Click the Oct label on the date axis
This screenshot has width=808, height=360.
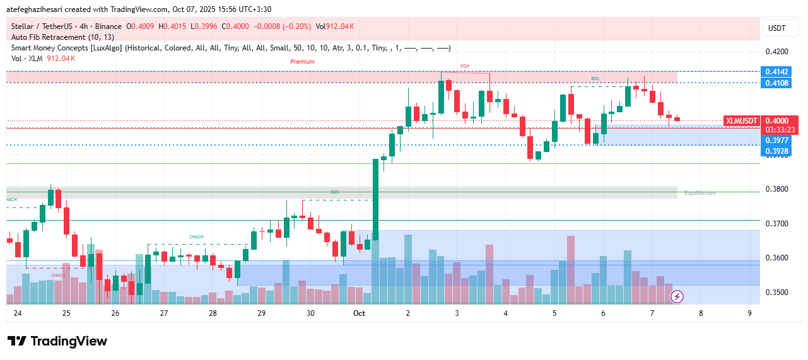click(x=359, y=313)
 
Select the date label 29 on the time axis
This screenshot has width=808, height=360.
click(x=262, y=313)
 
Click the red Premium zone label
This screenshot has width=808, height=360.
click(x=302, y=62)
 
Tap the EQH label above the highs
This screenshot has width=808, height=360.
click(x=465, y=66)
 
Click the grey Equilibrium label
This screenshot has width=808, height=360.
click(x=700, y=192)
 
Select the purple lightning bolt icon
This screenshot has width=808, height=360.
click(x=677, y=296)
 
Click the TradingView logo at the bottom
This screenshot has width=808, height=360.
click(x=57, y=341)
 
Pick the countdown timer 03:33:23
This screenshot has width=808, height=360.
click(x=780, y=129)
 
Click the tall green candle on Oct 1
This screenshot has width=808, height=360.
click(x=376, y=199)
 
